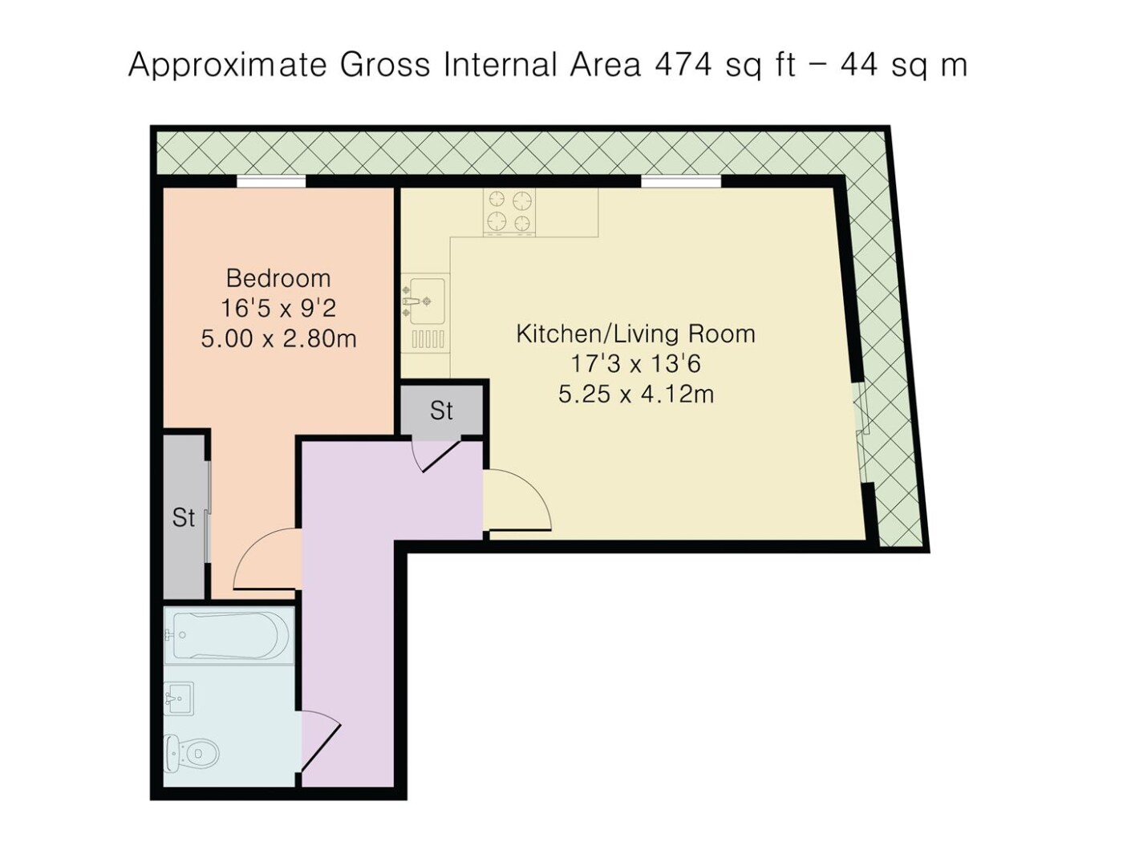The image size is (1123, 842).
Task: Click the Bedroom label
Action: (x=278, y=278)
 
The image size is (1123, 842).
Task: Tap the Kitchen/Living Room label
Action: (x=635, y=334)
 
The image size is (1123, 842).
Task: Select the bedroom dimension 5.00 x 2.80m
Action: (x=278, y=338)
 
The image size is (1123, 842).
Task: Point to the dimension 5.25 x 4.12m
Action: (x=635, y=395)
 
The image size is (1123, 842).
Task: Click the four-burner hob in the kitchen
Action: (x=509, y=212)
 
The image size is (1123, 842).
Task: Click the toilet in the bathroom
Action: (x=191, y=754)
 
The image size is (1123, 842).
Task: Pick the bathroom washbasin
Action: (x=179, y=698)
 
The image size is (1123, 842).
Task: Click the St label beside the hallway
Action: (x=441, y=410)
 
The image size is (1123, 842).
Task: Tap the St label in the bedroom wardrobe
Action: (x=183, y=517)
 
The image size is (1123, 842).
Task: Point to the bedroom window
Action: (x=271, y=181)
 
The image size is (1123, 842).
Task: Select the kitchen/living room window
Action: (x=681, y=181)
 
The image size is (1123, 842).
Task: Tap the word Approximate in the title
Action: (x=227, y=67)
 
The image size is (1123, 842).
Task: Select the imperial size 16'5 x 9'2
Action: (x=278, y=308)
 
